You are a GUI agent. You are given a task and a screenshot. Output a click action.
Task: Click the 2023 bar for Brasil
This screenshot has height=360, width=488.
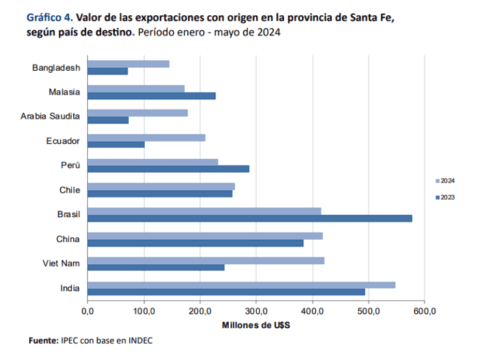(x=250, y=218)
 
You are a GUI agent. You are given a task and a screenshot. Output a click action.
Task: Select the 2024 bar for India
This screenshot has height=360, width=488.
(x=242, y=284)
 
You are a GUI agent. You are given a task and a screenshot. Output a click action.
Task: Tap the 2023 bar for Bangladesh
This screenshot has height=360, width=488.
(x=108, y=71)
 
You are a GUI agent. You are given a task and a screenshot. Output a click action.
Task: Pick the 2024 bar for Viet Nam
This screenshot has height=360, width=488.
(x=206, y=260)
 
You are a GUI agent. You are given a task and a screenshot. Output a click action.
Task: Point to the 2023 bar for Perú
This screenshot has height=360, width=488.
(x=168, y=169)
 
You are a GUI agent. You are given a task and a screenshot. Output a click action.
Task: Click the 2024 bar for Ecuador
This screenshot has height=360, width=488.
(x=146, y=137)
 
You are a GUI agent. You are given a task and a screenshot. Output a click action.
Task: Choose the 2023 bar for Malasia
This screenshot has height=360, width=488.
(x=151, y=96)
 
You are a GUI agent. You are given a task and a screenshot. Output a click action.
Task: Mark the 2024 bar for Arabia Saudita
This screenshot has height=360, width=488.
(x=138, y=113)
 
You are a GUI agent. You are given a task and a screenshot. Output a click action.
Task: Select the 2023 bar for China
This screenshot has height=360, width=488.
(x=196, y=243)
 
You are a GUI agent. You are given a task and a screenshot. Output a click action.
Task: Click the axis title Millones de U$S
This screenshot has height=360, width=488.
(x=256, y=325)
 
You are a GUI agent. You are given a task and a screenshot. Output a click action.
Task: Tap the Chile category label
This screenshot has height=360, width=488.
(x=70, y=190)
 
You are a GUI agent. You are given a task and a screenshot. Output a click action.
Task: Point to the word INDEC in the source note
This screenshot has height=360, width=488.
(x=140, y=340)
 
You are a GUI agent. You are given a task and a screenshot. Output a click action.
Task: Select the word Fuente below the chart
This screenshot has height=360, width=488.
(x=43, y=340)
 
